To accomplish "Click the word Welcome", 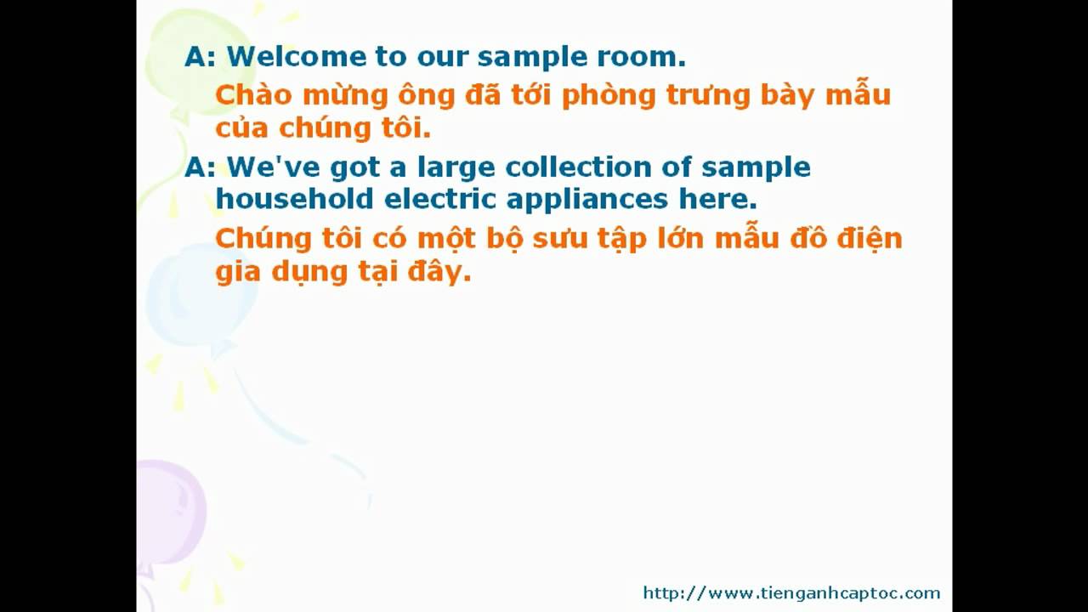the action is (x=297, y=56).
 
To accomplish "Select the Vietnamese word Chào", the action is (x=253, y=94).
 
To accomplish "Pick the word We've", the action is (x=274, y=167).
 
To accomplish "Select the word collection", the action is (x=578, y=167).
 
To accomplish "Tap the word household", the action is (x=294, y=199).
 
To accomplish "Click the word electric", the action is (x=439, y=199).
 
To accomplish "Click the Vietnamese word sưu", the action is (x=559, y=239).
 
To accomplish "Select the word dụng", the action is (x=309, y=273).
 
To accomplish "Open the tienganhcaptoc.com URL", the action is (x=791, y=593).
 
